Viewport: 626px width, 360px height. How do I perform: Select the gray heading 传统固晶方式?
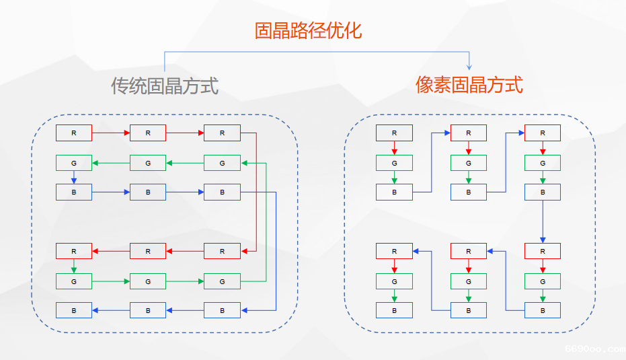point(165,85)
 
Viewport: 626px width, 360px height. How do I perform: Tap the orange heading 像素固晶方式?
point(469,85)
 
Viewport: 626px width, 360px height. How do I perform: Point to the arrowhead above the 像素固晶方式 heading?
point(469,66)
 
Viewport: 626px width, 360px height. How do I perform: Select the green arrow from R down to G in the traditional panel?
point(74,266)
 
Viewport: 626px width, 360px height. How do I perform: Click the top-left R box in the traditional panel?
point(74,133)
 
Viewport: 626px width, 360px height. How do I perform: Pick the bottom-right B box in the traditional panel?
point(222,310)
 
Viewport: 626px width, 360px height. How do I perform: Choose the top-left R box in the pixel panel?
point(394,133)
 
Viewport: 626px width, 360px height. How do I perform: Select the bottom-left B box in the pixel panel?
point(394,310)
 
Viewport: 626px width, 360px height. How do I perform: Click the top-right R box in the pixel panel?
point(543,133)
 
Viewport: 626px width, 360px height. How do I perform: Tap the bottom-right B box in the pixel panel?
point(543,310)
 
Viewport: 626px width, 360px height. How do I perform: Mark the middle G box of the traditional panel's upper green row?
point(148,163)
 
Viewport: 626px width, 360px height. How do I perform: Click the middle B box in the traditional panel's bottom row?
point(148,310)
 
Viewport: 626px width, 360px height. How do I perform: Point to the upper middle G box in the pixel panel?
point(469,163)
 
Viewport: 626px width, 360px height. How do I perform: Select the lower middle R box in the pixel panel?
point(469,251)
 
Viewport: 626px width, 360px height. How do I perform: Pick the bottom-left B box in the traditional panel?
point(74,310)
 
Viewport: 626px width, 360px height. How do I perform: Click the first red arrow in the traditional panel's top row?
point(111,133)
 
